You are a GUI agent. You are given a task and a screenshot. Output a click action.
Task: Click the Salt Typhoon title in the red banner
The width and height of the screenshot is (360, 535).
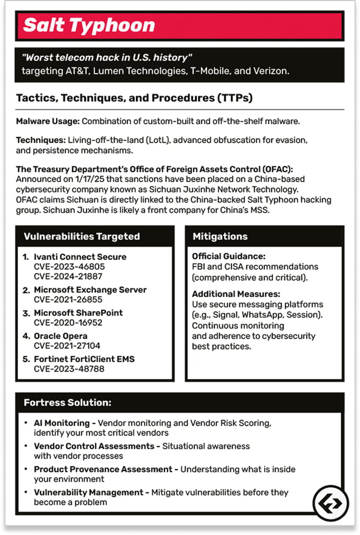point(89,25)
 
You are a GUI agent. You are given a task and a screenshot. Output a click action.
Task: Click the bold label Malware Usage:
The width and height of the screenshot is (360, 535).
point(47,121)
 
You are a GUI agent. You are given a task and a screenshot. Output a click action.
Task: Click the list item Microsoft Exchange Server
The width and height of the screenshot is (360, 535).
point(90,290)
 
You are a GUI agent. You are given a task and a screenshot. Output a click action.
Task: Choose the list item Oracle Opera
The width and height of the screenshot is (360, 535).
point(61,336)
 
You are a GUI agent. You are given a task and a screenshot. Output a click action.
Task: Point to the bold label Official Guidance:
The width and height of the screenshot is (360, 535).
point(228,256)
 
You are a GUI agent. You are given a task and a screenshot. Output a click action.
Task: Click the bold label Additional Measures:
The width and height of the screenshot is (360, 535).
point(236,294)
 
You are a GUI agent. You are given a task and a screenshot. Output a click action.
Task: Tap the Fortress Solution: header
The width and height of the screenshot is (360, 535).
point(67,403)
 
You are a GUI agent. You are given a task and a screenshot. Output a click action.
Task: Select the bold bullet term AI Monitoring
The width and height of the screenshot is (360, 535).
point(62,423)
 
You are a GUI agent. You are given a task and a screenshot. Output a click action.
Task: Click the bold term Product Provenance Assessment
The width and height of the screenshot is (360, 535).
point(103,469)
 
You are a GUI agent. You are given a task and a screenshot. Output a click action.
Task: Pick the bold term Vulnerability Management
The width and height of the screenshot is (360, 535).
point(90,492)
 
